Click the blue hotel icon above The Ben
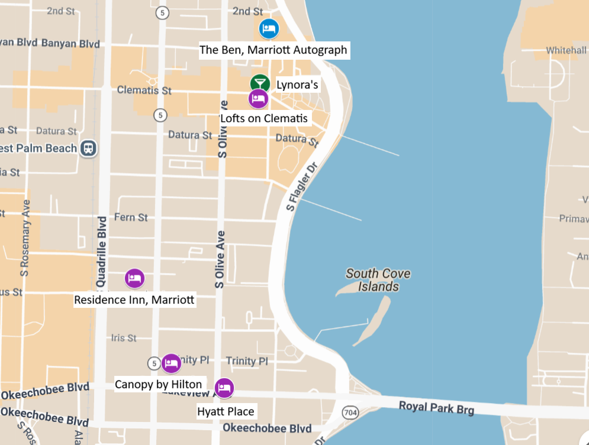coord(269,28)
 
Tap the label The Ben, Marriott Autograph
coord(273,50)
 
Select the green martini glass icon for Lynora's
coord(259,84)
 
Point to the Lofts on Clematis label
coord(265,118)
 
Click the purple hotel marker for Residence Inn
coord(134,278)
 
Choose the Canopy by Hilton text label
coord(158,384)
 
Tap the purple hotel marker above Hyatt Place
coord(224,388)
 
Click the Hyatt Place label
coord(226,411)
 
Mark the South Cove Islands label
coord(378,280)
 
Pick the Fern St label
coord(131,217)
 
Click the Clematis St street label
coord(144,90)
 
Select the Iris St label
coord(124,338)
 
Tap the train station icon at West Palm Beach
coord(89,148)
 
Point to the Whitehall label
coord(566,50)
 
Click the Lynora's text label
coord(297,85)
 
